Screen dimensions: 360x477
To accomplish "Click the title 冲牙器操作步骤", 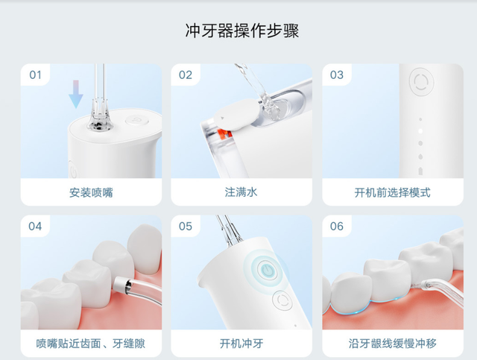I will [x=242, y=31].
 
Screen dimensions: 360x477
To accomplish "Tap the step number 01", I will [x=36, y=75].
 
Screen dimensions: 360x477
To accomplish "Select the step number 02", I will [x=186, y=75].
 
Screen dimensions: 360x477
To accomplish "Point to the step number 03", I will [x=337, y=75].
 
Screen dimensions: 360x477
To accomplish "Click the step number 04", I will [x=36, y=227].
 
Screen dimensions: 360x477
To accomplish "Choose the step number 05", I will [x=186, y=227].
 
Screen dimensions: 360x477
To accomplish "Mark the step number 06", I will [x=337, y=227].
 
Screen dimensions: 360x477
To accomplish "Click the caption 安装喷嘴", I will [x=91, y=192].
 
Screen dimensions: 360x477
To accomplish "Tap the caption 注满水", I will [x=241, y=192].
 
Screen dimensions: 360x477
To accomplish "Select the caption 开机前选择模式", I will [x=392, y=192].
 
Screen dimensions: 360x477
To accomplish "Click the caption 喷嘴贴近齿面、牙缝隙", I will [x=91, y=344].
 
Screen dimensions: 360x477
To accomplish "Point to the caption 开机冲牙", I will [x=241, y=344].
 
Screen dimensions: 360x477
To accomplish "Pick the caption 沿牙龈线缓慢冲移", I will [x=392, y=344].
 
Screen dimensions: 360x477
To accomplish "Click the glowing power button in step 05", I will [x=264, y=269].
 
